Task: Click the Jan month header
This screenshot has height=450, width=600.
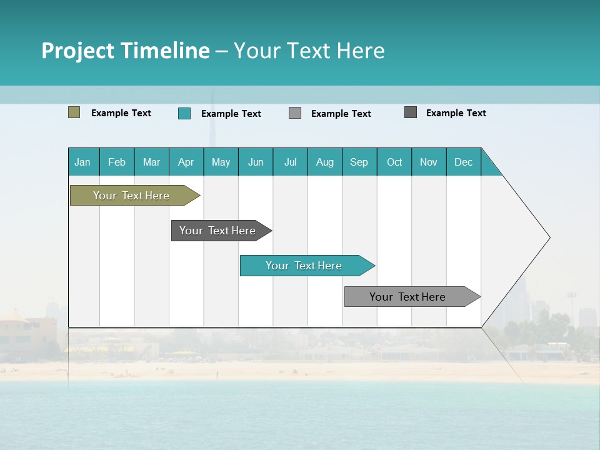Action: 83,162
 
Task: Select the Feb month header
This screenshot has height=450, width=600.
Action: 117,162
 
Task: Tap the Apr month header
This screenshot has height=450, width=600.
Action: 186,162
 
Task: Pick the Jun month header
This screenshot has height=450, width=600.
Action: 256,162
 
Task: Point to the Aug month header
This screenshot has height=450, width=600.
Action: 325,162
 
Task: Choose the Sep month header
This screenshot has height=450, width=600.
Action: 359,162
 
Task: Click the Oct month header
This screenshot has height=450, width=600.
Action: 394,162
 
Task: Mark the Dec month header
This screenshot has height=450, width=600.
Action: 464,162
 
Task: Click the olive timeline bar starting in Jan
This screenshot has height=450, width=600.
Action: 132,196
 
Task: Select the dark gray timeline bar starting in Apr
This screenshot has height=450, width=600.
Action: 218,231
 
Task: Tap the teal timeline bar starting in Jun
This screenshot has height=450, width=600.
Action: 304,266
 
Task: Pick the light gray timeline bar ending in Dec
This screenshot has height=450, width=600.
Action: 408,297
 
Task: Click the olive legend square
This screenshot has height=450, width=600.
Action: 74,112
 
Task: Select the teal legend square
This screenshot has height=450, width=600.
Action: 184,113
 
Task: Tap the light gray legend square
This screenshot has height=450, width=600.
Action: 295,113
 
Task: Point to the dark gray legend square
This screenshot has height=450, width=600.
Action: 411,112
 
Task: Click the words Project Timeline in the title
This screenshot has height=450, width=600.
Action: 125,51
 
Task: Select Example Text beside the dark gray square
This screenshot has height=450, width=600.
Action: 456,113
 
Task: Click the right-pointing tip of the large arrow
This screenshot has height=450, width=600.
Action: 547,237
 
